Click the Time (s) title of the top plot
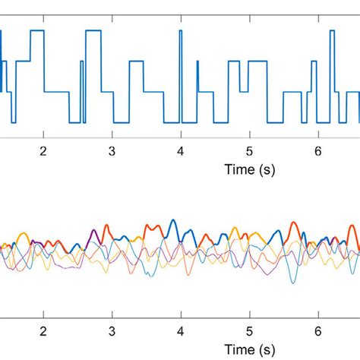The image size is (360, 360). pyautogui.click(x=249, y=170)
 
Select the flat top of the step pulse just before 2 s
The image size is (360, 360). pyautogui.click(x=36, y=30)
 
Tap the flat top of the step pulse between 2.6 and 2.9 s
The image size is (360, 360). pyautogui.click(x=93, y=30)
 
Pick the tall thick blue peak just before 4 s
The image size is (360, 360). pyautogui.click(x=173, y=221)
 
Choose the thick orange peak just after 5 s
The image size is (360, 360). pyautogui.click(x=255, y=228)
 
